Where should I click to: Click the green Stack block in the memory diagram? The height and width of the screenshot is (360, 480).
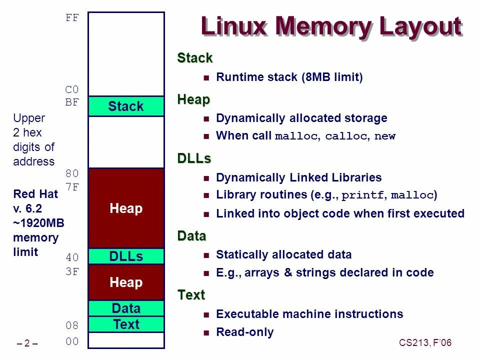tap(126, 106)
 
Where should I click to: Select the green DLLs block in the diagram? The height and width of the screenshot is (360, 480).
tap(126, 256)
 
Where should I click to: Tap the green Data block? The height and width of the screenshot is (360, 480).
tap(126, 308)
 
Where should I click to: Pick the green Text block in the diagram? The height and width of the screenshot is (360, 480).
tap(126, 324)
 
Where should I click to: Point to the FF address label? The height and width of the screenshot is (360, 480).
tap(72, 18)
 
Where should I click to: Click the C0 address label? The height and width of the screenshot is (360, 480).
tap(72, 90)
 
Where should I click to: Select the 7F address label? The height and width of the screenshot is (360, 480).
tap(72, 187)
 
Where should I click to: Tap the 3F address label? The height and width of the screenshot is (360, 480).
tap(72, 272)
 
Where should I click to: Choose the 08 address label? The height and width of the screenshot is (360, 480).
tap(72, 326)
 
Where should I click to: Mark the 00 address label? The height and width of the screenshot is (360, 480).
tap(72, 342)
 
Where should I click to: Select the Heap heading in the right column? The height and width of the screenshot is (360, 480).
tap(193, 99)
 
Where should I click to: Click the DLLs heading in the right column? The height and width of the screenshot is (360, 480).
tap(194, 158)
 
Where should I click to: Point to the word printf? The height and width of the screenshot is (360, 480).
tap(363, 195)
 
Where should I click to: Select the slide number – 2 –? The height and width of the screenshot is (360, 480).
tap(28, 343)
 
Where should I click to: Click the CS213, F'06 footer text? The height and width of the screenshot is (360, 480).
tap(425, 342)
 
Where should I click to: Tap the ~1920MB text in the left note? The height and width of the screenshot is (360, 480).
tap(38, 223)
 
